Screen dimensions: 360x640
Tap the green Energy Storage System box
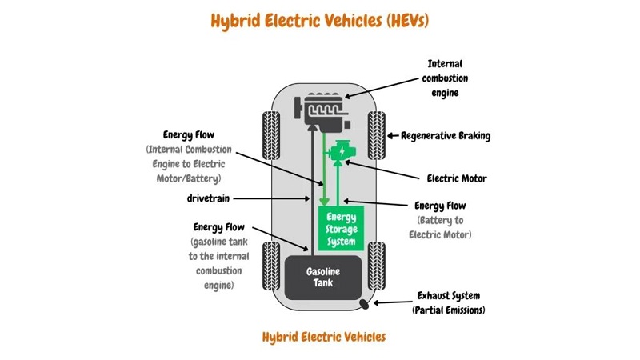[342, 227]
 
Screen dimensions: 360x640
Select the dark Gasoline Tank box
[323, 277]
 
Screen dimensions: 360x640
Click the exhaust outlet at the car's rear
[365, 304]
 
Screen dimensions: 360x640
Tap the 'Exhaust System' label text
[448, 294]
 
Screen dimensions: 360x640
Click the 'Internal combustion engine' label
[448, 78]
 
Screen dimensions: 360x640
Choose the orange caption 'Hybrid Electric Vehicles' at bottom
[323, 336]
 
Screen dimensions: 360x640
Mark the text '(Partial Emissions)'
[448, 310]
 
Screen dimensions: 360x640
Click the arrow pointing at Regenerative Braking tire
[393, 136]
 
